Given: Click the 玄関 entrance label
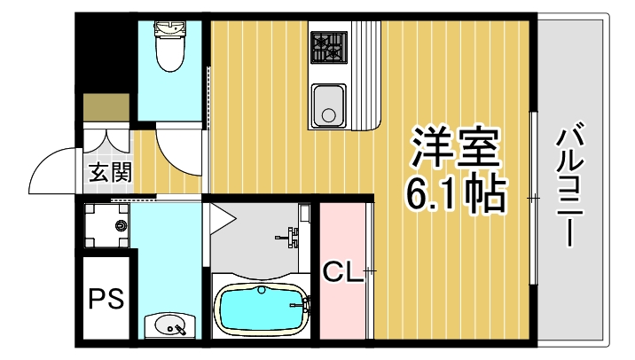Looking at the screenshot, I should click(110, 171).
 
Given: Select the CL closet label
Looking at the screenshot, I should click(343, 271).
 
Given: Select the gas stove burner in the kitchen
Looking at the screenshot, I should click(329, 46).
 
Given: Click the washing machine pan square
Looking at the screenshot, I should click(107, 225).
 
